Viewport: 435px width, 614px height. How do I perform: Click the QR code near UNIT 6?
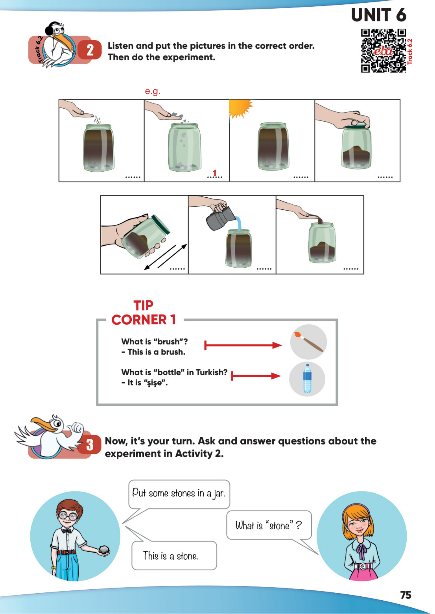tap(383, 51)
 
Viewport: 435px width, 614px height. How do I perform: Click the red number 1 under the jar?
tap(214, 173)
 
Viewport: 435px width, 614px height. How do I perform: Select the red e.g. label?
tap(152, 91)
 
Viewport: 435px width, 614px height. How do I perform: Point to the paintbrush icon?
tap(308, 342)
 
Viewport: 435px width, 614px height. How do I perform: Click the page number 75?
tap(406, 595)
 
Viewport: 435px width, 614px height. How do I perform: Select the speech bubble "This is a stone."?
tap(174, 555)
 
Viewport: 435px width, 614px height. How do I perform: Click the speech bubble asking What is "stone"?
tap(269, 525)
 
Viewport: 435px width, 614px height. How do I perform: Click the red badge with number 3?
tap(90, 445)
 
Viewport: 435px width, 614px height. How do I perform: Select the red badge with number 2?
tap(90, 50)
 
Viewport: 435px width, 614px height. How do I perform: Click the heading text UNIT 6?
tap(378, 15)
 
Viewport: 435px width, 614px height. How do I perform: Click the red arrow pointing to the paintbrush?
tap(243, 345)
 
